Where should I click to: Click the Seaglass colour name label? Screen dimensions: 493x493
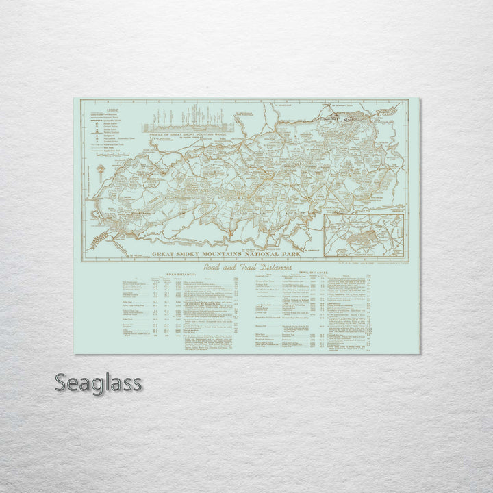pos(98,383)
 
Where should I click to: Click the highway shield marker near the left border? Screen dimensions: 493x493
pos(99,170)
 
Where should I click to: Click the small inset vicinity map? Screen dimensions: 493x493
pos(363,235)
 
